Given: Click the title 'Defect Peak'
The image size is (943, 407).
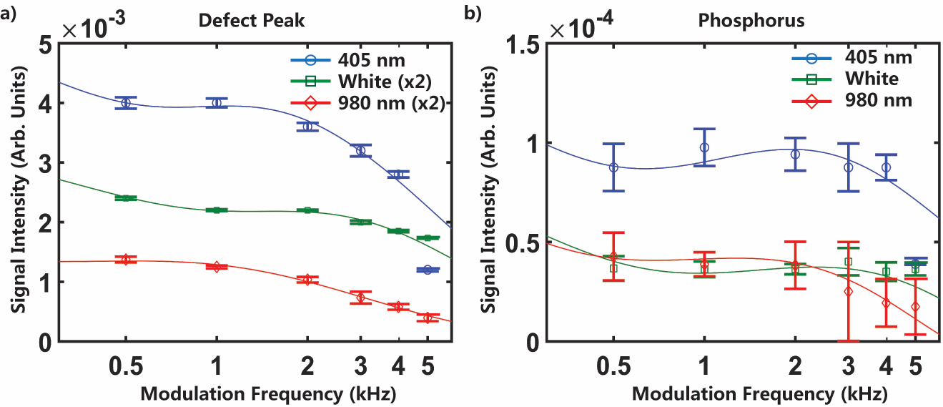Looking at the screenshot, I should pyautogui.click(x=251, y=20).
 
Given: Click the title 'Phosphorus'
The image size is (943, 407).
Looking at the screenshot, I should pyautogui.click(x=751, y=20).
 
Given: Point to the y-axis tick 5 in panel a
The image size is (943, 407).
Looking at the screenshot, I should pyautogui.click(x=45, y=44).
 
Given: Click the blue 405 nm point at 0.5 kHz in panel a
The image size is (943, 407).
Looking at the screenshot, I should pyautogui.click(x=126, y=103).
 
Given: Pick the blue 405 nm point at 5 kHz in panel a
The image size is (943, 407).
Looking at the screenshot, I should pyautogui.click(x=428, y=270).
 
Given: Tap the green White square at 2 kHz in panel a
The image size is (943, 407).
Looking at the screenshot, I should pyautogui.click(x=307, y=210).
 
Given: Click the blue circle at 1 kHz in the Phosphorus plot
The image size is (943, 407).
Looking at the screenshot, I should pyautogui.click(x=704, y=147).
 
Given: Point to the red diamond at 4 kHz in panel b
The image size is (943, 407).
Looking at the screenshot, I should pyautogui.click(x=887, y=303).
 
